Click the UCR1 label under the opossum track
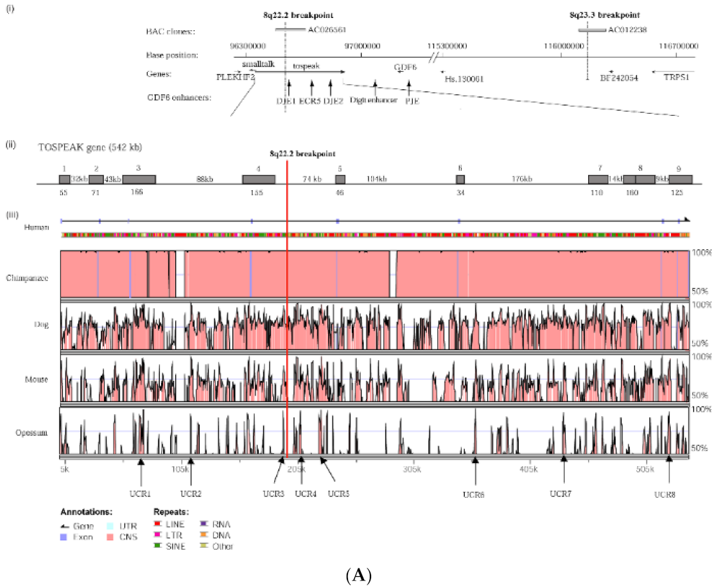point(140,494)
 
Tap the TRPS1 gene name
point(674,78)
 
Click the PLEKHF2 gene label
point(236,76)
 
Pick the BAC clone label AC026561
point(327,30)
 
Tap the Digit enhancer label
point(374,100)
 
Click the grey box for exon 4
point(258,179)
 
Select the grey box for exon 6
point(460,179)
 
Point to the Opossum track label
point(35,433)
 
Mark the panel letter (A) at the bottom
point(357,577)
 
